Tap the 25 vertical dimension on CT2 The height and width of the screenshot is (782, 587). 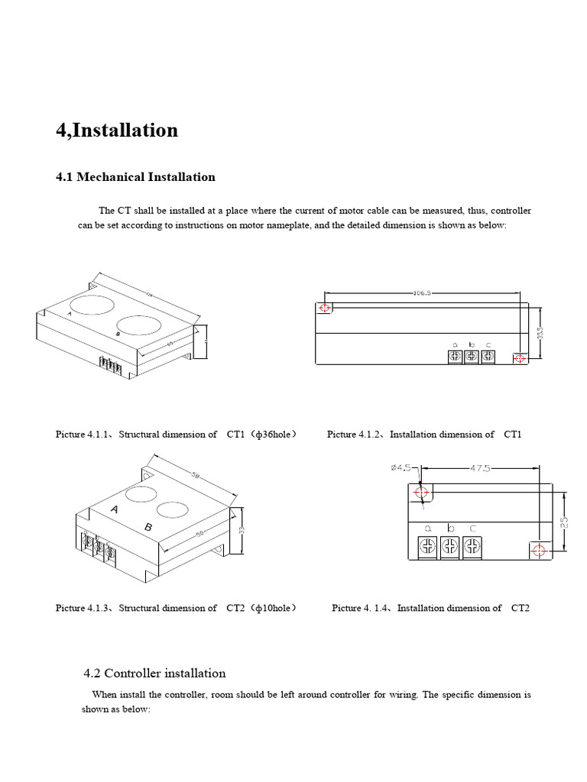[x=564, y=522]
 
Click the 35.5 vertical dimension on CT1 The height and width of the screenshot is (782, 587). [x=540, y=333]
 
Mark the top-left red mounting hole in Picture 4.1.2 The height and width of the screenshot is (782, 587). [x=325, y=308]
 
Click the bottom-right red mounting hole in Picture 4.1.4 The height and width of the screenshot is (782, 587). [x=537, y=551]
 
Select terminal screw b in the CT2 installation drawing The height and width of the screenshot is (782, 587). [x=451, y=545]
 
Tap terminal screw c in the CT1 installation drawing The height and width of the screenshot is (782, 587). [x=488, y=357]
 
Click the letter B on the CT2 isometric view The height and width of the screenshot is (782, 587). [x=148, y=528]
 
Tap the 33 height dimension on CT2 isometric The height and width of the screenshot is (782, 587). [x=242, y=528]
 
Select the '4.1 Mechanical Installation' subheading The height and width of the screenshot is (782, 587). [x=135, y=177]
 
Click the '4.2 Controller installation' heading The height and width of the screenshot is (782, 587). [x=154, y=674]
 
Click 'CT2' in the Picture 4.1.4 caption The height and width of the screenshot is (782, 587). [x=520, y=608]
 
